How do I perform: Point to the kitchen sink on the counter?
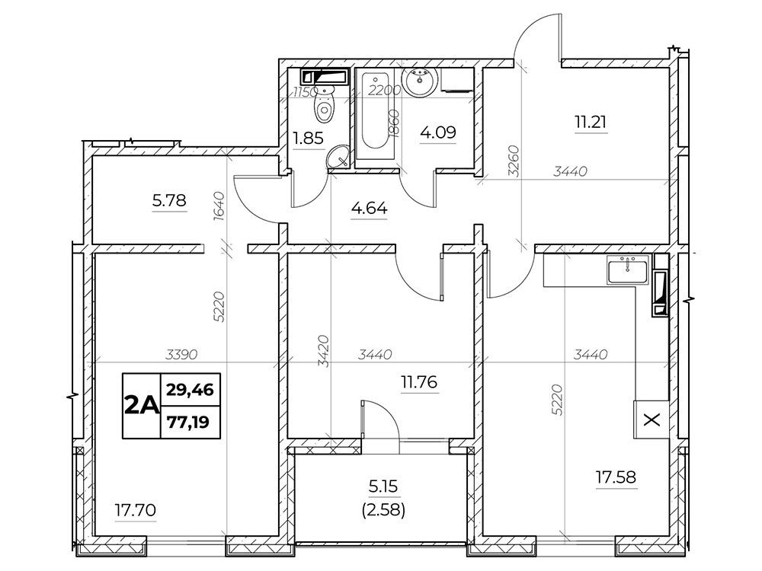tap(627, 271)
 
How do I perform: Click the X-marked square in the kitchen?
tap(652, 420)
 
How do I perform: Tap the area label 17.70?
tap(135, 510)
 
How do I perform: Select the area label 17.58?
tap(616, 477)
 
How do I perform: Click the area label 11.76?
tap(418, 382)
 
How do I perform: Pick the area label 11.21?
tap(591, 122)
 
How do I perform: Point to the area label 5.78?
tap(169, 200)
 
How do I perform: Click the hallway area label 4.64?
tap(370, 209)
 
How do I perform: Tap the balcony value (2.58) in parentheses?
tap(383, 510)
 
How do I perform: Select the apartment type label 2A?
tap(142, 406)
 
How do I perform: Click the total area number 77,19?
tap(188, 423)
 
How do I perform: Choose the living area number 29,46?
tap(190, 389)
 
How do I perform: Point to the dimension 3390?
tap(181, 355)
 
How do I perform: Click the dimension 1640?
tap(219, 207)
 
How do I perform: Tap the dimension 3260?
tap(514, 161)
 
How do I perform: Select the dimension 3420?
tap(324, 351)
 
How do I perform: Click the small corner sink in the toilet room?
tap(338, 158)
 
